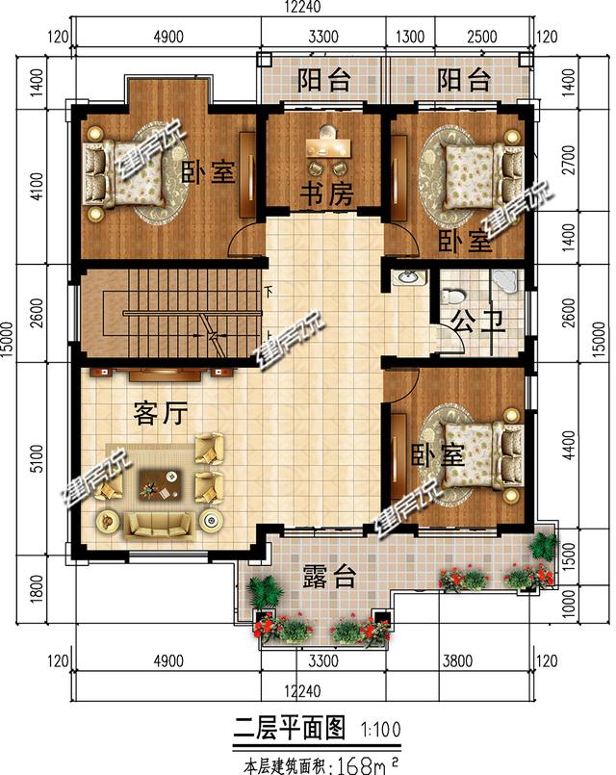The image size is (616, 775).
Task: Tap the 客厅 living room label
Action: pyautogui.click(x=159, y=414)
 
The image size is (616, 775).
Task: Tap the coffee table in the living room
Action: pyautogui.click(x=160, y=481)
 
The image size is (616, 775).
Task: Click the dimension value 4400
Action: pyautogui.click(x=569, y=445)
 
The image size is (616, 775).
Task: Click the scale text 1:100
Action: pyautogui.click(x=383, y=729)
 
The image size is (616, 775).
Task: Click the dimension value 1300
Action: pyautogui.click(x=410, y=38)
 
